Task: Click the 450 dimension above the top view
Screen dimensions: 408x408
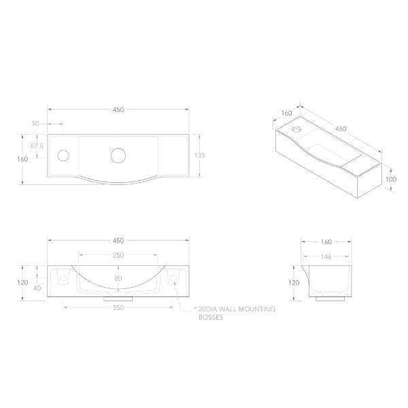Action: pyautogui.click(x=118, y=109)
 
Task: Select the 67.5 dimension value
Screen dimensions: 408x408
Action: pyautogui.click(x=37, y=146)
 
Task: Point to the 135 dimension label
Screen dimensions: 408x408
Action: pyautogui.click(x=199, y=155)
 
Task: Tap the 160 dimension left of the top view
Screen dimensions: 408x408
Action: pyautogui.click(x=22, y=158)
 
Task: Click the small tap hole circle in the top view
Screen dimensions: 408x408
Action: pyautogui.click(x=63, y=155)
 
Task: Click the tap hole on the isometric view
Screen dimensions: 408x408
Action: pyautogui.click(x=296, y=128)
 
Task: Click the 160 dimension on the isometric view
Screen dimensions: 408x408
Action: pyautogui.click(x=286, y=114)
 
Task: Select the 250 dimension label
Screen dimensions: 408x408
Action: pyautogui.click(x=118, y=256)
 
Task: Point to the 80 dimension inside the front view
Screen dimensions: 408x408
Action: pyautogui.click(x=118, y=277)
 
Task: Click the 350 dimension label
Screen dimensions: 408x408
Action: pyautogui.click(x=118, y=307)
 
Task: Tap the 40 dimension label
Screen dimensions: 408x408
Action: pyautogui.click(x=37, y=288)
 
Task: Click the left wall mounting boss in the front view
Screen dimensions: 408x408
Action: pyautogui.click(x=63, y=277)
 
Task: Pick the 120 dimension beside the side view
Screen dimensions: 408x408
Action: pyautogui.click(x=294, y=282)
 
